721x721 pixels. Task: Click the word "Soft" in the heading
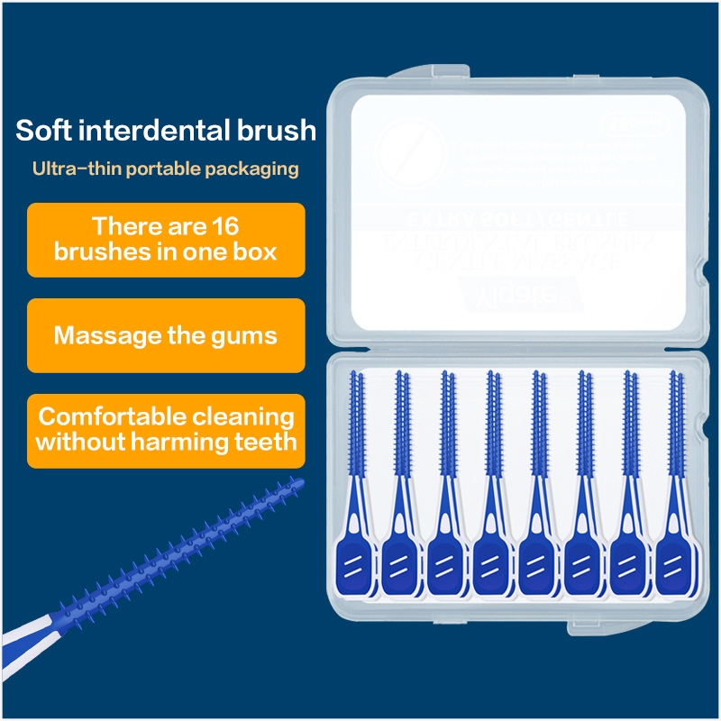tap(45, 130)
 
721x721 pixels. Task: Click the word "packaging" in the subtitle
tap(257, 169)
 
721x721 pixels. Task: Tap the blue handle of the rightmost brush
tap(675, 566)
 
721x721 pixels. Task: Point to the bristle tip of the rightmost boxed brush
tap(672, 379)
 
